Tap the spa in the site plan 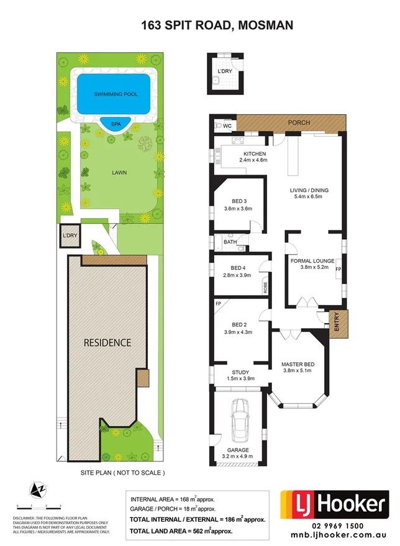[116, 124]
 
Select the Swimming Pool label [116, 94]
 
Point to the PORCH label [299, 123]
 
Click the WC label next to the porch [227, 126]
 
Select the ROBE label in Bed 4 [265, 288]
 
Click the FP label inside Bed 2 [219, 304]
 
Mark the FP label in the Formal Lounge [339, 270]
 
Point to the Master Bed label [296, 365]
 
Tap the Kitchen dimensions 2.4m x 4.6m [253, 160]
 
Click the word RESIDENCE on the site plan [107, 342]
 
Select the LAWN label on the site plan [111, 173]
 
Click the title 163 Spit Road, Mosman [199, 25]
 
